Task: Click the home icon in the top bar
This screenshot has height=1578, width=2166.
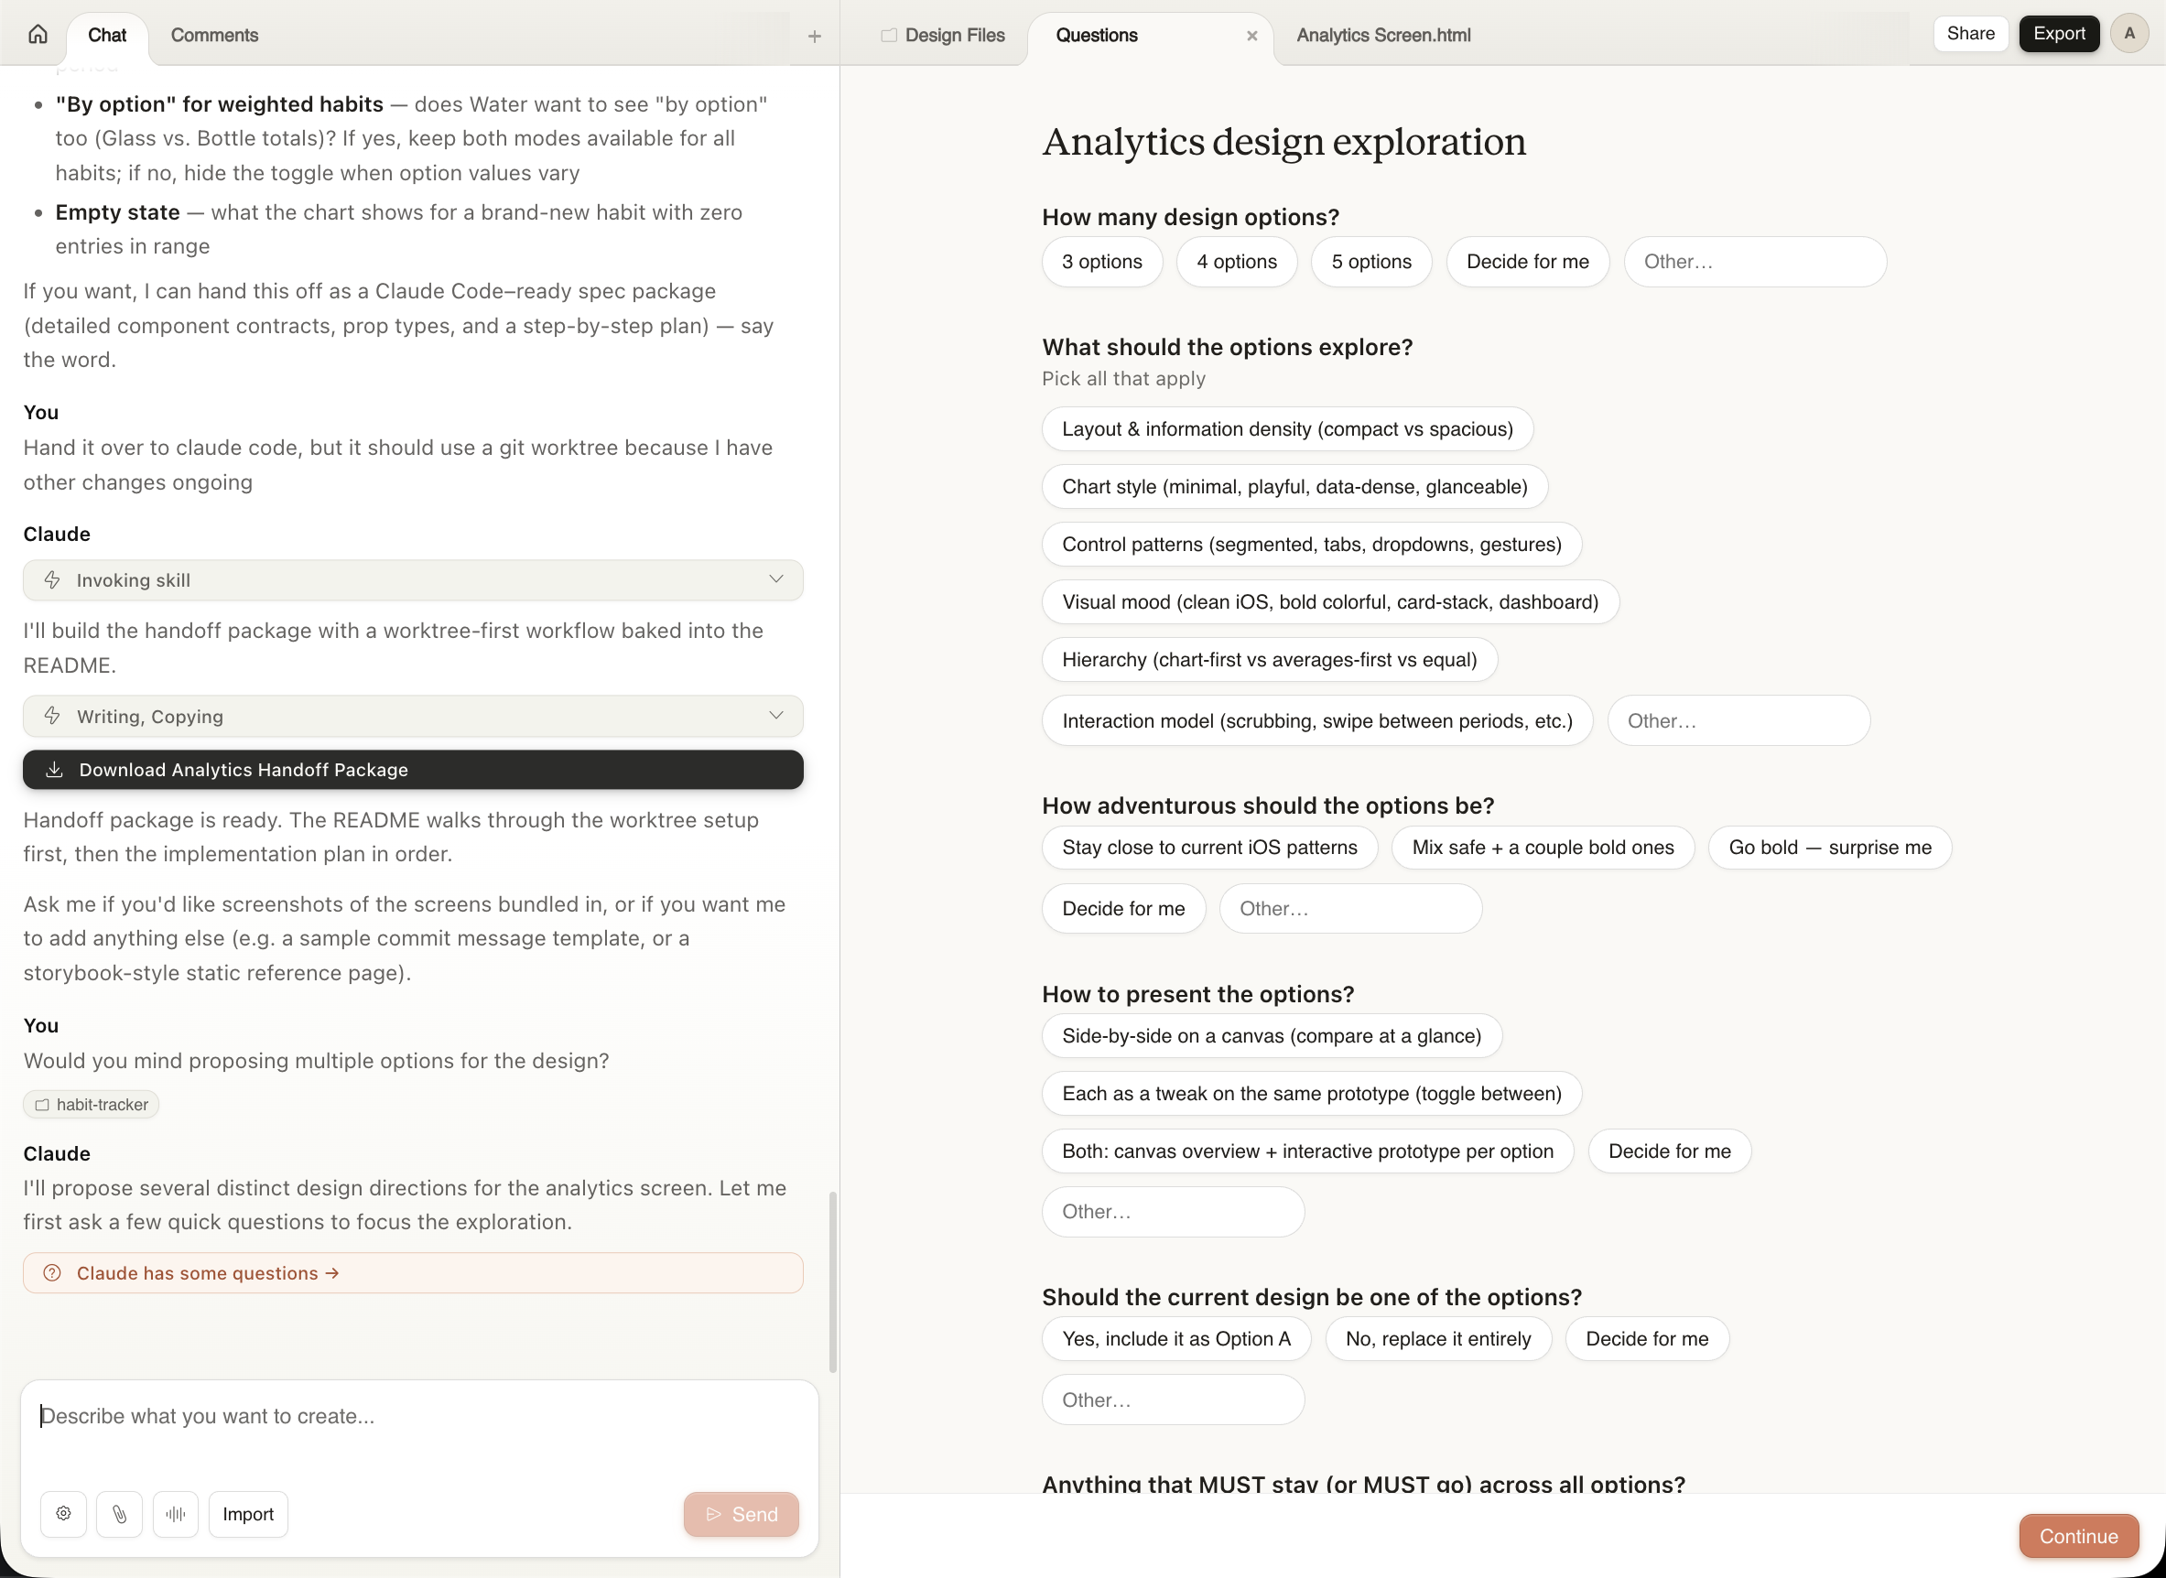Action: [38, 35]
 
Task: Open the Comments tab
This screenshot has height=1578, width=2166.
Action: [214, 36]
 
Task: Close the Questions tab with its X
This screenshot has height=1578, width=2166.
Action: [1251, 37]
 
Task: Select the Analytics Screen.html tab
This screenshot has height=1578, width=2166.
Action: [1382, 36]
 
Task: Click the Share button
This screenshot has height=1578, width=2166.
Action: [1970, 34]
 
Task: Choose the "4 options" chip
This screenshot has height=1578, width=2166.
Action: [1237, 262]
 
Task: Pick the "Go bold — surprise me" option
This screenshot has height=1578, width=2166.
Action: [1829, 848]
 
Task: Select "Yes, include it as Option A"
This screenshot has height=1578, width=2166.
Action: [1175, 1338]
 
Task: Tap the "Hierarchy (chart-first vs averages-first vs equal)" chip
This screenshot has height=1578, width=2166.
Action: [1269, 659]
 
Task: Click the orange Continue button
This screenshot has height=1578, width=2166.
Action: [2078, 1536]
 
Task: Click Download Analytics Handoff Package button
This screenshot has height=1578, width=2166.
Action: [413, 770]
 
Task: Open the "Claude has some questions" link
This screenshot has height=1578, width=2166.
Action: [207, 1273]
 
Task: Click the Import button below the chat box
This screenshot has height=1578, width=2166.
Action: [247, 1514]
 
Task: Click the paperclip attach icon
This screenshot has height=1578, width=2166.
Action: [119, 1514]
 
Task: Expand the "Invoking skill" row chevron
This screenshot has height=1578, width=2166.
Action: [775, 579]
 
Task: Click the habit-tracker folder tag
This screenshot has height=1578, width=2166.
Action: [92, 1104]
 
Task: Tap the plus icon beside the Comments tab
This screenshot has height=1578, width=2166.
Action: [814, 37]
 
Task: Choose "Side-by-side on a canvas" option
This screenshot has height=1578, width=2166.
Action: [1271, 1035]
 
